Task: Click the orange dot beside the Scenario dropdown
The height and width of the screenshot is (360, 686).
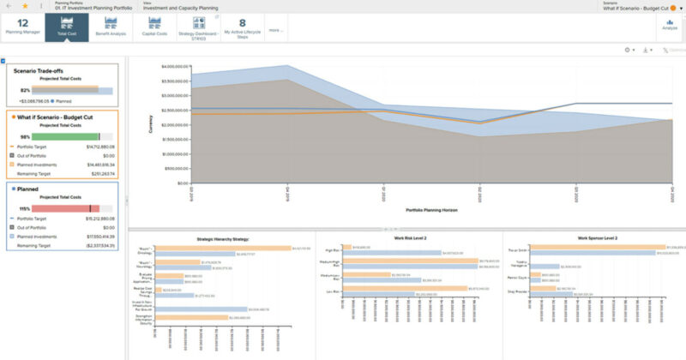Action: tap(673, 9)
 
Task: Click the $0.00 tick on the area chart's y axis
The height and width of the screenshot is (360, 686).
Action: tap(178, 183)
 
